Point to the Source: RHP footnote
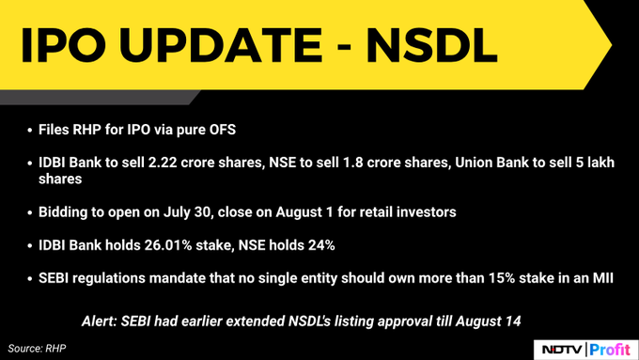(x=39, y=348)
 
